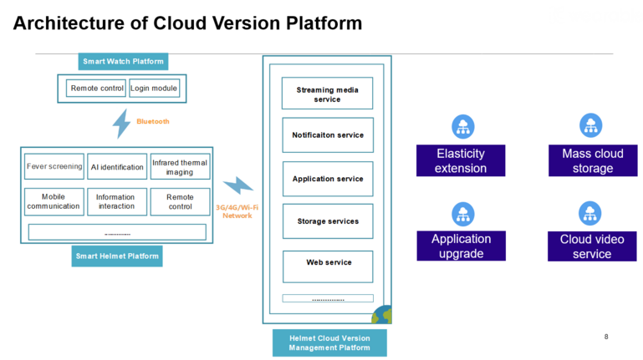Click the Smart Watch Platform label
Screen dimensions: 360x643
[123, 62]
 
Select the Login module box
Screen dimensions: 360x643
[154, 88]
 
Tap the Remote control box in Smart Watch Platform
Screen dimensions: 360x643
[97, 88]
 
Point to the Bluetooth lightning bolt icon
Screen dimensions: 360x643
[122, 122]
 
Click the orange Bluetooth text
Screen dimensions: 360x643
[153, 122]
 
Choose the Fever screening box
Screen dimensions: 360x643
[54, 166]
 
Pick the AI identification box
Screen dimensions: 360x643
[117, 167]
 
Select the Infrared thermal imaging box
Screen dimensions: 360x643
[180, 167]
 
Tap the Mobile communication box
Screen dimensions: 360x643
[54, 201]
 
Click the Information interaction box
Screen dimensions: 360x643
[116, 201]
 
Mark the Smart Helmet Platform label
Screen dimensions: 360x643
[117, 256]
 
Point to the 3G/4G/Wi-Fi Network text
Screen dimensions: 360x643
[237, 210]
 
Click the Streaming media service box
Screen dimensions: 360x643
[328, 94]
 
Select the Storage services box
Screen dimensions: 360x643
[328, 221]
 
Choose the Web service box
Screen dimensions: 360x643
[328, 263]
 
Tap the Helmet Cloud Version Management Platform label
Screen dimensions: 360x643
[329, 342]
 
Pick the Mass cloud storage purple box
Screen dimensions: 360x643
[592, 160]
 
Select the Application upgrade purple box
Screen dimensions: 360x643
[462, 246]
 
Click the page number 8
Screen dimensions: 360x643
[606, 337]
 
